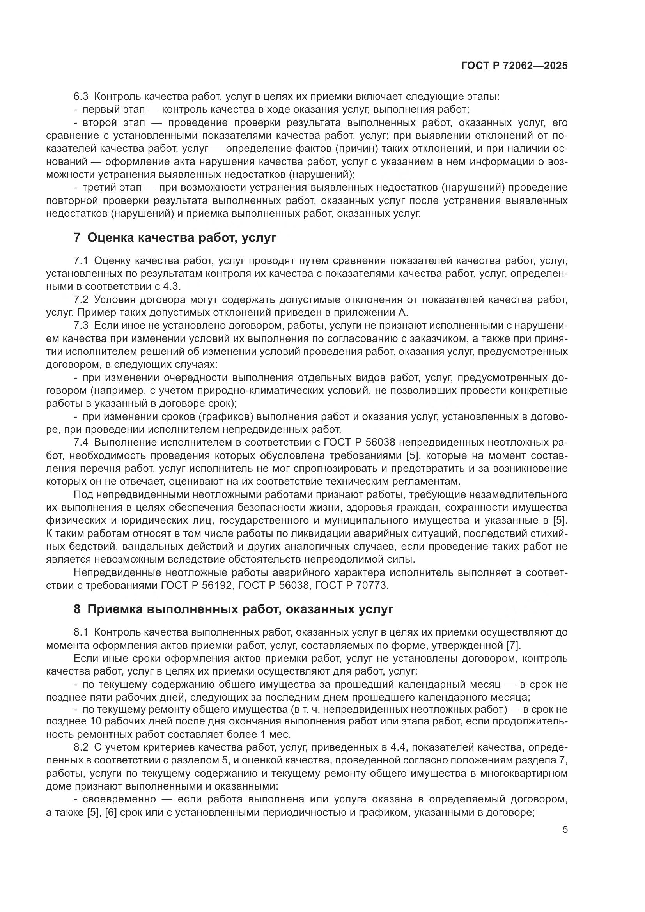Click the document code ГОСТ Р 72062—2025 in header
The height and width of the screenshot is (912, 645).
(x=514, y=66)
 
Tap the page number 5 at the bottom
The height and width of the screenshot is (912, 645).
(x=565, y=830)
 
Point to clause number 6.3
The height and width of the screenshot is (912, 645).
(x=82, y=97)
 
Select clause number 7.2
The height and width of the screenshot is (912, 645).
(x=81, y=299)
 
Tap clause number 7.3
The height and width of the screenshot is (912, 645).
(x=81, y=326)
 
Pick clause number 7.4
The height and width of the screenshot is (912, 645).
(x=81, y=443)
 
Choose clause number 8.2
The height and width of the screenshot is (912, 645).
(x=81, y=749)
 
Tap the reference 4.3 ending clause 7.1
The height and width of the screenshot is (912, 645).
(x=172, y=287)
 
